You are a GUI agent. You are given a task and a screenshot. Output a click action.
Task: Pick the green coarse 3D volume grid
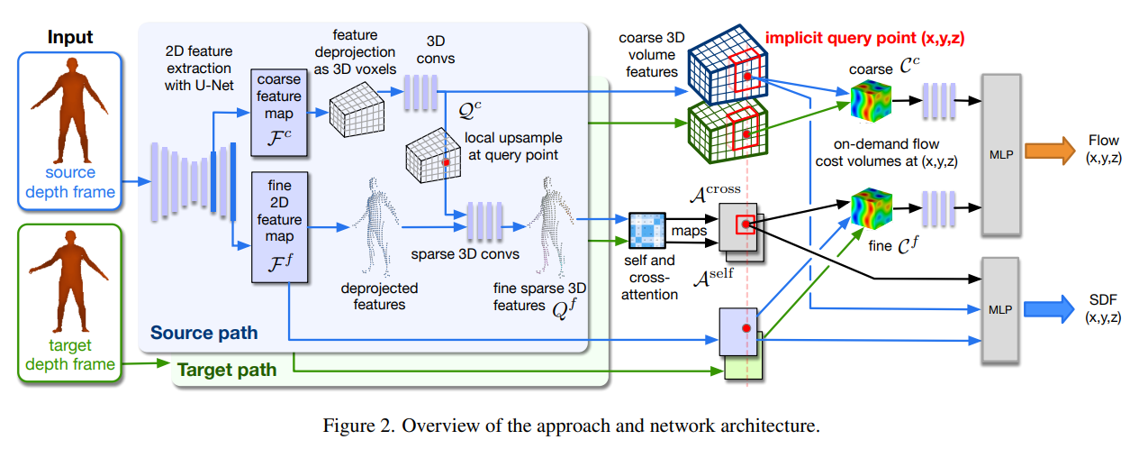[725, 136]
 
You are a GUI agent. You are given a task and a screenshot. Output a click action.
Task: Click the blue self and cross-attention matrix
[646, 231]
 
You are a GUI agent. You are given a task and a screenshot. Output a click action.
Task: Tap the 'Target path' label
[225, 369]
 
